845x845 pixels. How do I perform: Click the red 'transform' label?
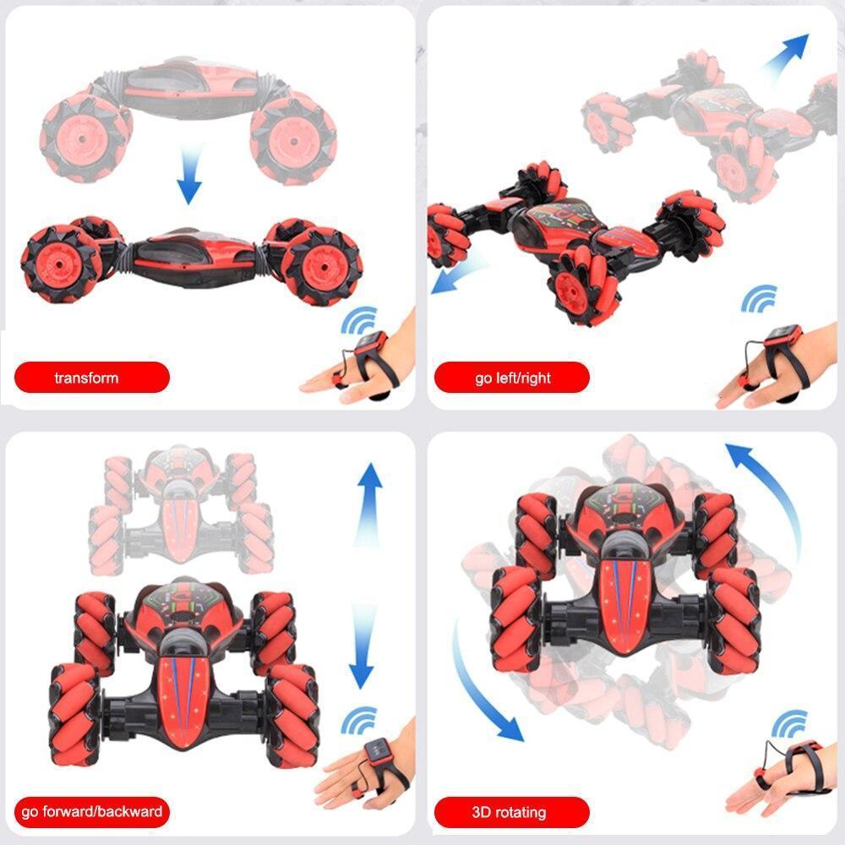click(x=91, y=377)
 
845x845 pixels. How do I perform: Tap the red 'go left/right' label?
click(x=511, y=377)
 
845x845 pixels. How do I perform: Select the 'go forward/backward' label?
click(x=91, y=811)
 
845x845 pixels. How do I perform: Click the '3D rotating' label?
click(x=511, y=811)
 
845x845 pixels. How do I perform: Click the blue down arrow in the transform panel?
click(x=190, y=175)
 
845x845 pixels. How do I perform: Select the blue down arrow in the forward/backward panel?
click(x=362, y=646)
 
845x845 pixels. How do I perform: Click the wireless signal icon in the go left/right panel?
click(x=760, y=298)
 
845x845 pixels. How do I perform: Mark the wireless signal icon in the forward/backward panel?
click(x=359, y=721)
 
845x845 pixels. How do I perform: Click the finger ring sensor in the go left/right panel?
click(x=747, y=381)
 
